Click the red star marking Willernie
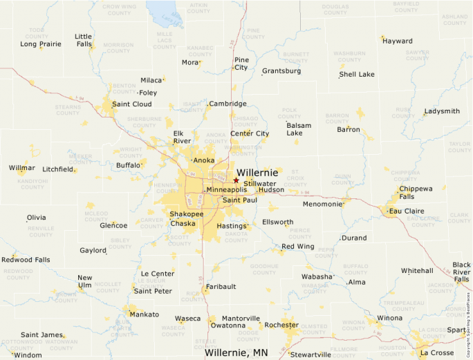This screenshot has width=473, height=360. coord(236,180)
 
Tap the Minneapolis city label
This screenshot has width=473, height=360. coord(226,189)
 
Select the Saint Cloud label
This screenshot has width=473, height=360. coord(132,104)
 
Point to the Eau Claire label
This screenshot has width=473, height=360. coord(406,211)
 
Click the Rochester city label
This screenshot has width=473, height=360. coord(281,324)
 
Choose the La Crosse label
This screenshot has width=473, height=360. coord(437,352)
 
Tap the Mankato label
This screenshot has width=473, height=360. coord(145,314)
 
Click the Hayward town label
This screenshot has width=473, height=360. coord(397,41)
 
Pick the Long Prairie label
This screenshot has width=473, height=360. coord(41,44)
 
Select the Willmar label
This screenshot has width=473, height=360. coord(22,168)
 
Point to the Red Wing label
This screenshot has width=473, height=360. coord(298,247)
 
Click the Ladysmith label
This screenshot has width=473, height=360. coord(442,111)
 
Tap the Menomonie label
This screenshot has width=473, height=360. coord(322,204)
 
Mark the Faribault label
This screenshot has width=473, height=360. coord(221,286)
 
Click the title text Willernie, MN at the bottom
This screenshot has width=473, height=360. coord(236,352)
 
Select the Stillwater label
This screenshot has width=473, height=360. coord(259,183)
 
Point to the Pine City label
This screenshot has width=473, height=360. coord(241,64)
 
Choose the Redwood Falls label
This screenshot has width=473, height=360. coord(26,260)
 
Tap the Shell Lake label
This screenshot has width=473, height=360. coord(357,75)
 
